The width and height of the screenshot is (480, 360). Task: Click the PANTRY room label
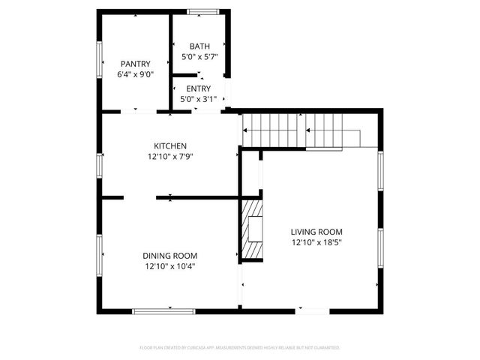click(x=135, y=64)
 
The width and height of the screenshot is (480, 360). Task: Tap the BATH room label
click(x=199, y=46)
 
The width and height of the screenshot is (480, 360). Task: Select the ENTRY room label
click(x=199, y=88)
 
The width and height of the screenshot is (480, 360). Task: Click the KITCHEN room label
click(x=170, y=145)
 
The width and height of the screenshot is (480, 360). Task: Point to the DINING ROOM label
click(x=170, y=256)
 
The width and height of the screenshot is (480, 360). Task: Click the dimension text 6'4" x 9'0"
click(x=135, y=75)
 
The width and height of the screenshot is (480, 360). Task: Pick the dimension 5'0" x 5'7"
click(x=199, y=57)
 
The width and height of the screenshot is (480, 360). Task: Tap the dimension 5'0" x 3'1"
click(x=199, y=100)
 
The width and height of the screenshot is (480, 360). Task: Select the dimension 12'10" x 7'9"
click(x=170, y=157)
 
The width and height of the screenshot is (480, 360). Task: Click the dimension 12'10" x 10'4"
click(x=170, y=267)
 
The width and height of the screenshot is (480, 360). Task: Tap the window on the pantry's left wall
click(x=99, y=58)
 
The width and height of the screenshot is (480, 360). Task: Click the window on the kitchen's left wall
click(x=99, y=165)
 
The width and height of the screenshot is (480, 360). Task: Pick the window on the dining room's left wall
click(x=99, y=255)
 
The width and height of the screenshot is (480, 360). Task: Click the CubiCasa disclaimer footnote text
click(x=240, y=348)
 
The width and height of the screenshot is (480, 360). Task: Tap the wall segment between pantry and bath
click(x=171, y=60)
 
